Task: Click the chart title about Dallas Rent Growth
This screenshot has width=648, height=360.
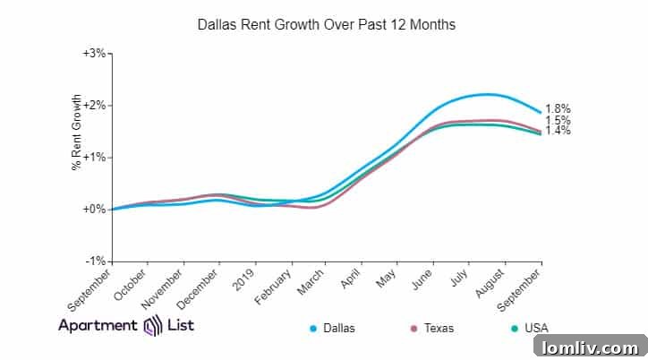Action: pyautogui.click(x=326, y=25)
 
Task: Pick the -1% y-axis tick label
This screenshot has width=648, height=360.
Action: pyautogui.click(x=97, y=261)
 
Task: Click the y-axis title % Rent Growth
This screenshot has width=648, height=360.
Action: pyautogui.click(x=78, y=133)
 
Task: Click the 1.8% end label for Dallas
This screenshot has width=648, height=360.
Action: pyautogui.click(x=558, y=108)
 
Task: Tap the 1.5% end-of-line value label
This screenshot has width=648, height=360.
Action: pyautogui.click(x=558, y=121)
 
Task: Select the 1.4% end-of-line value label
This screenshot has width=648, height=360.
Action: pyautogui.click(x=558, y=131)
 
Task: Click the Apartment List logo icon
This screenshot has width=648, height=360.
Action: pyautogui.click(x=150, y=325)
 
